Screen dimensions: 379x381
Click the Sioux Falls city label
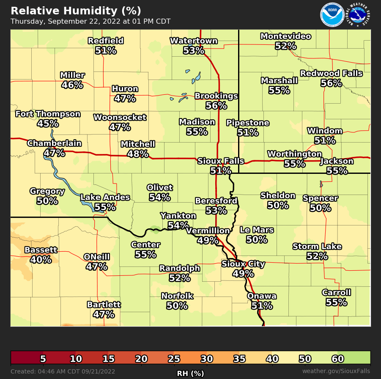click(221, 161)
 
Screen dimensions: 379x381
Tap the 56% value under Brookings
click(216, 106)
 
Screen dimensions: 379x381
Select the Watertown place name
click(194, 41)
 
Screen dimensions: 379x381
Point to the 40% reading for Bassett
click(41, 260)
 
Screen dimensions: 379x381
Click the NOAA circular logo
click(332, 15)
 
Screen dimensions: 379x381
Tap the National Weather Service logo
click(358, 15)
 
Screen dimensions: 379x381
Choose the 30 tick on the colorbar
click(206, 359)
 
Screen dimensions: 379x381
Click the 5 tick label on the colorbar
click(43, 359)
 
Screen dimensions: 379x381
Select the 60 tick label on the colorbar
click(337, 359)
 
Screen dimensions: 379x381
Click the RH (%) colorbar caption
click(190, 374)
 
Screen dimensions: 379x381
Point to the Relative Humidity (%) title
click(76, 11)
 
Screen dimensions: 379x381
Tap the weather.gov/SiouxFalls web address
click(336, 371)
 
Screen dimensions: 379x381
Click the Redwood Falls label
click(331, 74)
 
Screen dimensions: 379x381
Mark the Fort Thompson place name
click(48, 114)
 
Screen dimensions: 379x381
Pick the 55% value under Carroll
click(336, 302)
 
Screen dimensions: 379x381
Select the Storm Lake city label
click(317, 247)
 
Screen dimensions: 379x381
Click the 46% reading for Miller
click(72, 85)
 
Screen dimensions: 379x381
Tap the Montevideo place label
click(285, 36)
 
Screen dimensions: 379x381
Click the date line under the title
click(90, 22)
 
